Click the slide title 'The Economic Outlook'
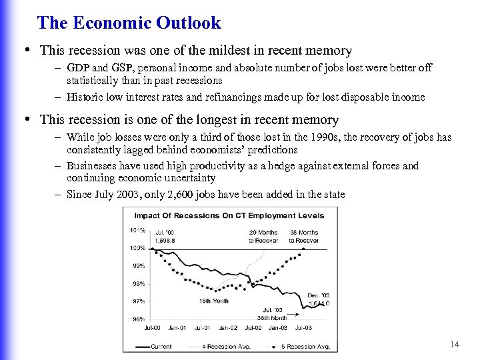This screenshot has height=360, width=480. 129,23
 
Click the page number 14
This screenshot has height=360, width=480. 455,344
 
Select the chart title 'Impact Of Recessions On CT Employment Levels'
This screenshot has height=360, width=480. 229,215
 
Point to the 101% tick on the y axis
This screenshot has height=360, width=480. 138,231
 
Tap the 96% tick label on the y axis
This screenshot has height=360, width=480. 138,319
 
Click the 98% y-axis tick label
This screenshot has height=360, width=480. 138,284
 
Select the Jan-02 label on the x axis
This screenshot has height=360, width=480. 228,327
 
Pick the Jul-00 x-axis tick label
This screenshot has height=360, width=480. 152,327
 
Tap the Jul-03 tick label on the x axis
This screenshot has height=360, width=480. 303,327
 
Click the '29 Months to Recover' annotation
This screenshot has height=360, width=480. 263,237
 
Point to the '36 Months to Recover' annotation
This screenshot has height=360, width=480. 303,237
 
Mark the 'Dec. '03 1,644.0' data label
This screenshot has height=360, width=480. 319,299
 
